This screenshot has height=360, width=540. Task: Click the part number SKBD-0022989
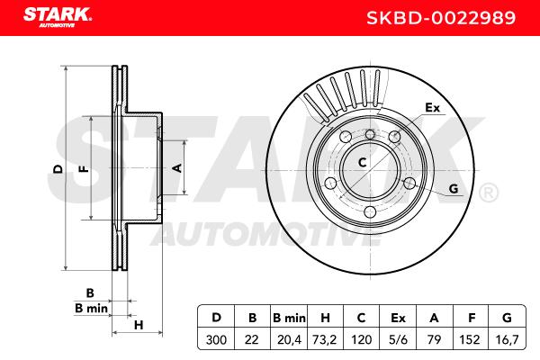point(441,18)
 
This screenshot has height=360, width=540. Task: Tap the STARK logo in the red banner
point(58,17)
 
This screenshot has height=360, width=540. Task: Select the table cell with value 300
point(216,339)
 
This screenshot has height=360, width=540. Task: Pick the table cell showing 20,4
point(289,339)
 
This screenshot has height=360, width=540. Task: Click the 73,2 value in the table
point(324,339)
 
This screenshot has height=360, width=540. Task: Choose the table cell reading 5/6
point(398,339)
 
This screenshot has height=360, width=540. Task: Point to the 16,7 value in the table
point(507,339)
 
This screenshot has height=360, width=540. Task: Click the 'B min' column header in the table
point(289,318)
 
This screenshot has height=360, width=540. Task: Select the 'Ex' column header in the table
point(398,318)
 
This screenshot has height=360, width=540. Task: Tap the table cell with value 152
point(470,339)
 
